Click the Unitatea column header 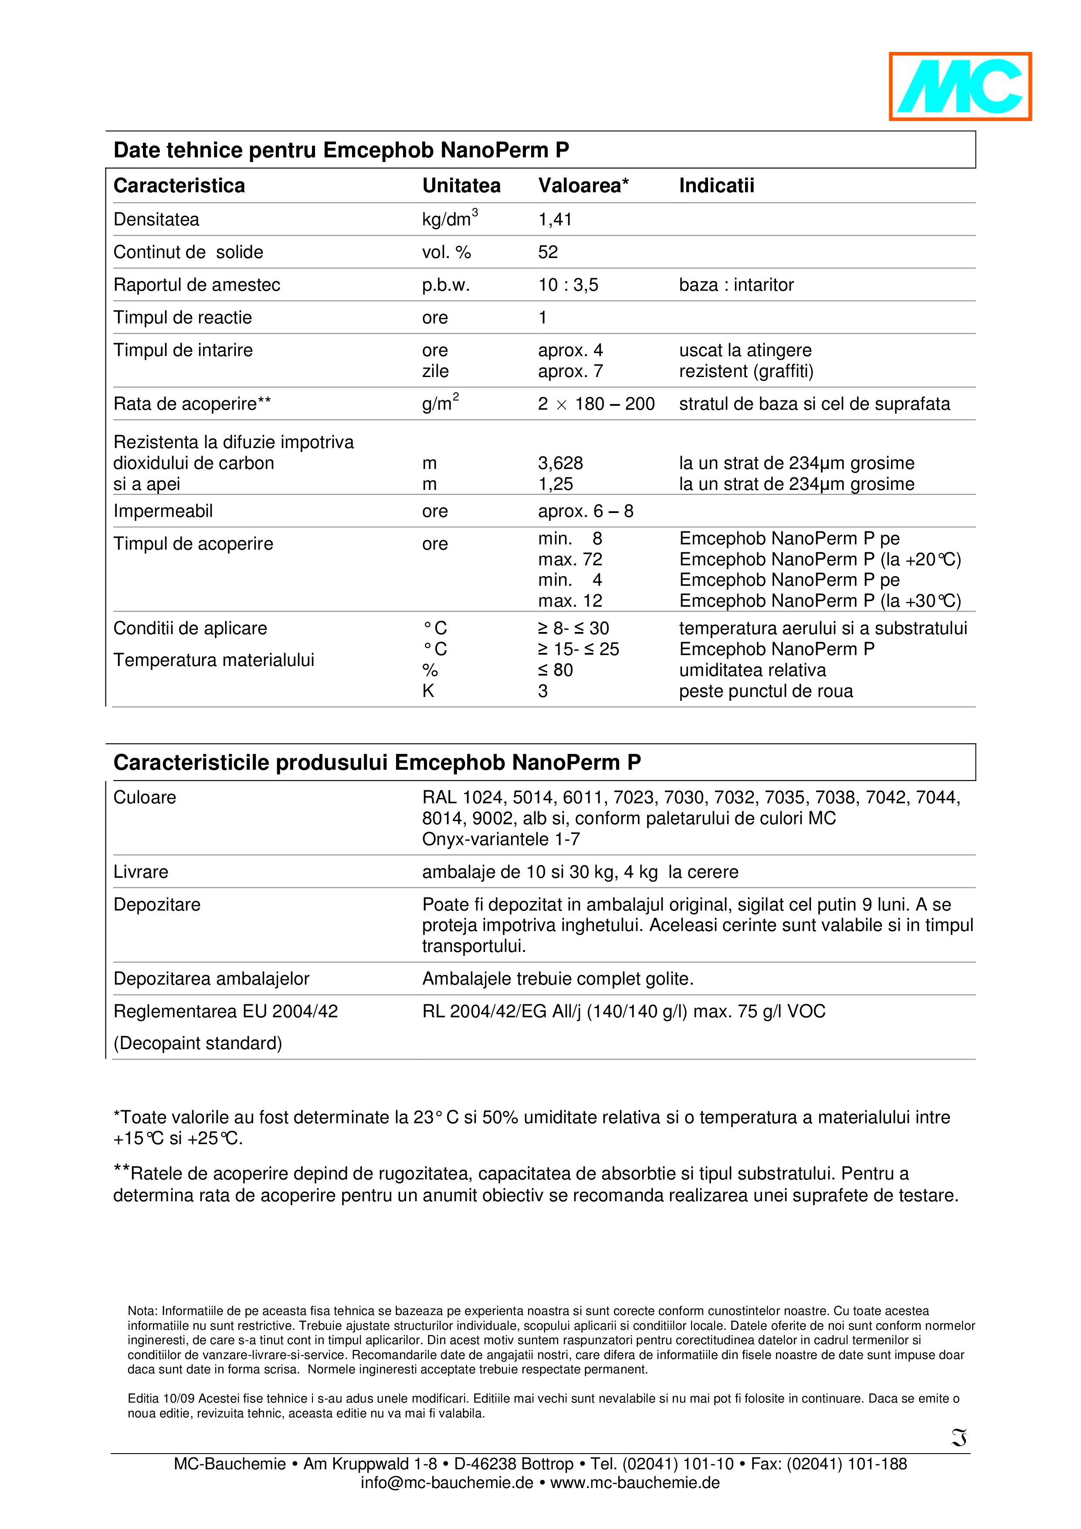point(461,186)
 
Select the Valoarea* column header point(583,186)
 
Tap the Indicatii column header point(716,186)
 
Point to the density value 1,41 point(555,220)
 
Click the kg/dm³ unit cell point(449,219)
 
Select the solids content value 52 point(548,252)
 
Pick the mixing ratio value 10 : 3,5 point(568,285)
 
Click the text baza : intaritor point(736,285)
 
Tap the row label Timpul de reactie point(183,318)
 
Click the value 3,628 point(560,463)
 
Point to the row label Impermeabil point(163,511)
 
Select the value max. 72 point(570,559)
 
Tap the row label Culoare point(145,798)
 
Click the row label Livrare point(140,873)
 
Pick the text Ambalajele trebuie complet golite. point(558,979)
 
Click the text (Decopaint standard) point(198,1043)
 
